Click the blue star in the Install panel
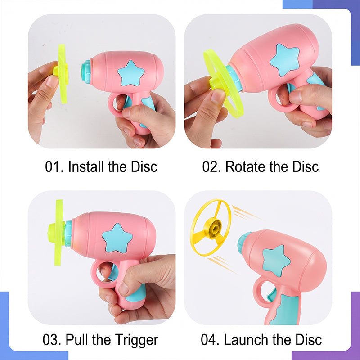[x=131, y=73]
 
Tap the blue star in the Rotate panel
[x=285, y=60]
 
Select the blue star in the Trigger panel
[x=117, y=238]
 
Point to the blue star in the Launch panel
[x=276, y=260]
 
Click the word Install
[x=86, y=166]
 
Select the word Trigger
[x=137, y=340]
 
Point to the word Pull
[x=77, y=340]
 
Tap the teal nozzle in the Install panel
[x=86, y=71]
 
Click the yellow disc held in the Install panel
[x=62, y=73]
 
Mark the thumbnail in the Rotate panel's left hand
[x=217, y=96]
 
